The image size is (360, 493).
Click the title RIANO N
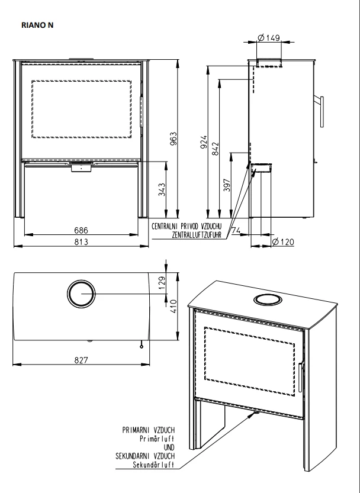tap(37, 25)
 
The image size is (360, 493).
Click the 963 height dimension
tap(173, 138)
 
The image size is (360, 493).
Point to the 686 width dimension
tap(81, 230)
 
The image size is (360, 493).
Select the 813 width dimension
tap(81, 242)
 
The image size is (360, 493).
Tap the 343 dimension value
tap(162, 189)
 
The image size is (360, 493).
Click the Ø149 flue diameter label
tap(269, 38)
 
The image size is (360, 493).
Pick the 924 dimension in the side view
tap(204, 142)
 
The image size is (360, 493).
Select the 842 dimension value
tap(216, 149)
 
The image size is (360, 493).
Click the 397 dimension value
tap(227, 185)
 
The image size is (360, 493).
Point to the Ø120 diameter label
tap(283, 242)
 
